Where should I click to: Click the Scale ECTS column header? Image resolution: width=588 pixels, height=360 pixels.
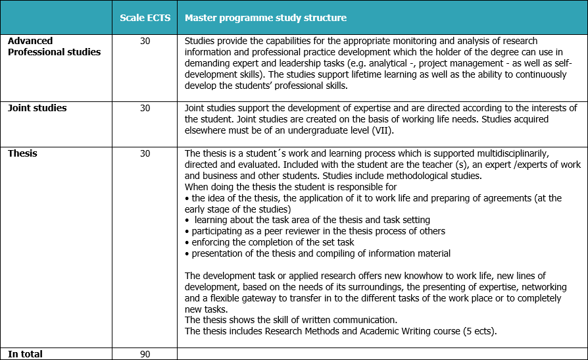point(145,18)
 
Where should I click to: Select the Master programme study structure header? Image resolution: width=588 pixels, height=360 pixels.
point(266,18)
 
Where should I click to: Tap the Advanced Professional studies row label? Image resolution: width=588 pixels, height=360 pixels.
point(54,46)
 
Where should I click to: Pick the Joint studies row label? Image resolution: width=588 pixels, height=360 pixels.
point(37,108)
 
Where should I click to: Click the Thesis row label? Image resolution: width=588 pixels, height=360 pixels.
point(22,153)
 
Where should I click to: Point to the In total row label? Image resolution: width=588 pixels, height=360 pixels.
point(25,354)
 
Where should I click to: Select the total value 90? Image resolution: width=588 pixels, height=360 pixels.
point(145,354)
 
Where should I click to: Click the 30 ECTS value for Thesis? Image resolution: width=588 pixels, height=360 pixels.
point(145,153)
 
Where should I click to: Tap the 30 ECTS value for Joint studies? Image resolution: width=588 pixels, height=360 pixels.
point(145,108)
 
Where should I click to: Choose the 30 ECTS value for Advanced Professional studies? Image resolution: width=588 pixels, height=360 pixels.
point(145,41)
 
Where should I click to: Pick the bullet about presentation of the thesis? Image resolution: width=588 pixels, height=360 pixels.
point(320,253)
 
